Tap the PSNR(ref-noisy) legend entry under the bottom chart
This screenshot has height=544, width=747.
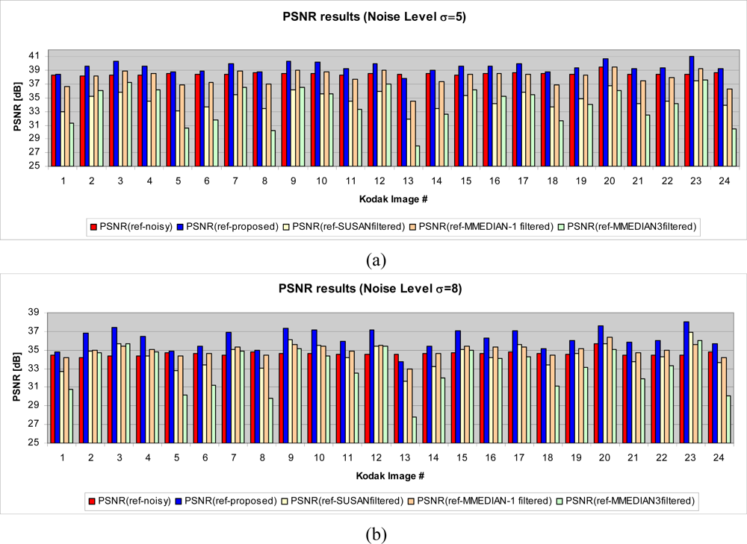130,501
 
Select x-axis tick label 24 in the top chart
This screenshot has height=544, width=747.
719,181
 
